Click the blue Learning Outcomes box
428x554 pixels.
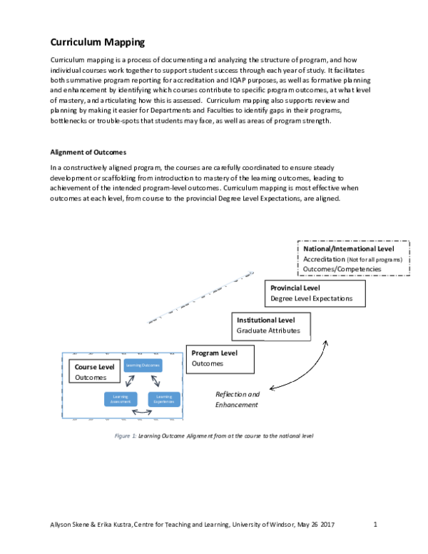tap(143, 366)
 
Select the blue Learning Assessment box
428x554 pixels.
tap(120, 399)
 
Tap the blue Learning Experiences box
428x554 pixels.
tap(164, 399)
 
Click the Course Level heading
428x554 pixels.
tap(95, 367)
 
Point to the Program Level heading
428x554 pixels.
tap(214, 353)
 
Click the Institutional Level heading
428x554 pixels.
tap(265, 321)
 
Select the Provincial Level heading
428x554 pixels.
tap(296, 287)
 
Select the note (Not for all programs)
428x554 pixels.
tap(374, 259)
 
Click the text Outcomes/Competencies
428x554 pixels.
tap(342, 269)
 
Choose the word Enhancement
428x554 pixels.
tap(236, 405)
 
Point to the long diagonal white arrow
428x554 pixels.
tap(200, 297)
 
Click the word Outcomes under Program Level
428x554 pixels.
tap(207, 363)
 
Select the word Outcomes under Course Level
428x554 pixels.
tap(91, 378)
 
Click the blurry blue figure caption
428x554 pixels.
tap(125, 435)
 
